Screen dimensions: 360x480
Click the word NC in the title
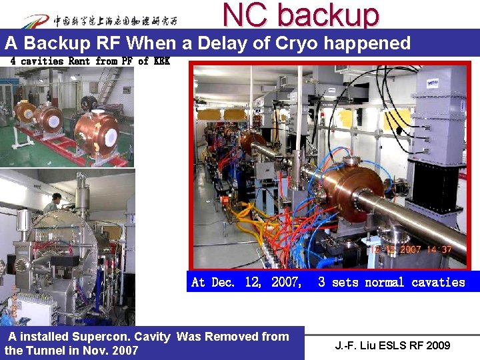(x=243, y=14)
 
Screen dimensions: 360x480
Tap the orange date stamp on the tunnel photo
(x=410, y=249)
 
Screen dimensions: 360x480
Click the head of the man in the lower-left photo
(x=57, y=198)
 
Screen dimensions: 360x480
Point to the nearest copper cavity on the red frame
(x=97, y=131)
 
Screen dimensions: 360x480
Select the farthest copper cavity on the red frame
(x=25, y=111)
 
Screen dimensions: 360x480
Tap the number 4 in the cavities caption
(x=13, y=61)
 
